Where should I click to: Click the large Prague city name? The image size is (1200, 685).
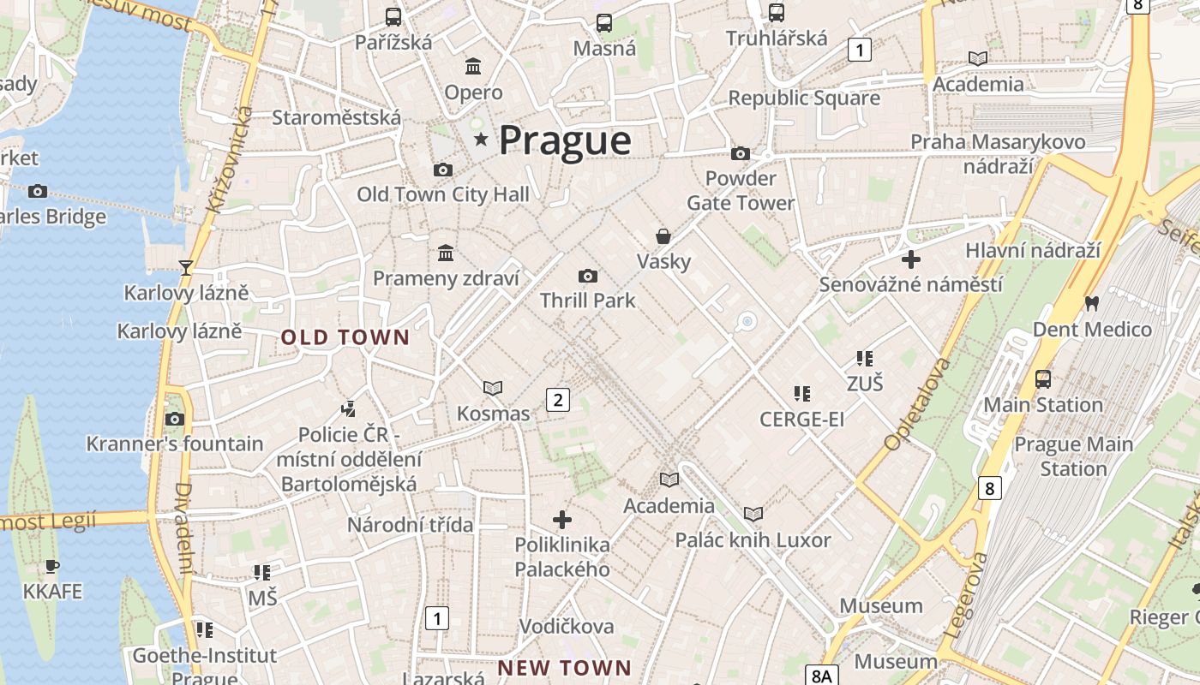coord(565,140)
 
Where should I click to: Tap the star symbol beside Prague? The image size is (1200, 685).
coord(481,139)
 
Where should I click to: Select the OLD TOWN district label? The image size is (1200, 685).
coord(345,337)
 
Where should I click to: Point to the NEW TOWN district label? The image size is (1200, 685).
coord(564,667)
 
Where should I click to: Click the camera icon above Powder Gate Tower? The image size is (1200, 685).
coord(740,154)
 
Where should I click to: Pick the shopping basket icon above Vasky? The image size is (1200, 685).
coord(663,236)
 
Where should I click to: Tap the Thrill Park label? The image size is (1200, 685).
coord(587,301)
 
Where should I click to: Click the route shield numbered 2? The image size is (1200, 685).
coord(558,399)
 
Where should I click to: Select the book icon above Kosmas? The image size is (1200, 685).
coord(493,389)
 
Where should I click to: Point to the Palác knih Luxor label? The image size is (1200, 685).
coord(753,540)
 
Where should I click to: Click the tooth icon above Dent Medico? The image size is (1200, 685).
coord(1091,303)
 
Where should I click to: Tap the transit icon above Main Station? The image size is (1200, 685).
coord(1042,378)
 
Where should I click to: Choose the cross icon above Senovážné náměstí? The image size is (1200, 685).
coord(911,259)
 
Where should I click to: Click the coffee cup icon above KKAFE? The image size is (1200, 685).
coord(52,566)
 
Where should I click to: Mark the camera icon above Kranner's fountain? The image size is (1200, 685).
coord(175,419)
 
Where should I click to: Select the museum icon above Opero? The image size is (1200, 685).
coord(473,66)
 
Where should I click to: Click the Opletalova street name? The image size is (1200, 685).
coord(917,404)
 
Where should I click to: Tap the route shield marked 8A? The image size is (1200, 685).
coord(820,676)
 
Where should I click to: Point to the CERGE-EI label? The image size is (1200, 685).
coord(801,420)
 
